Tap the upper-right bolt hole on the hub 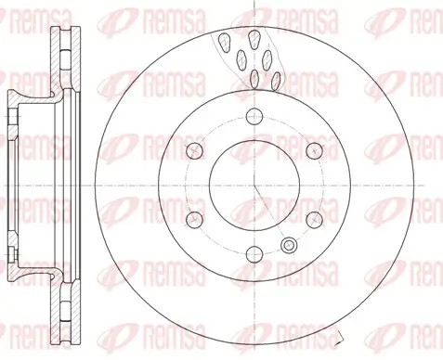coord(309,149)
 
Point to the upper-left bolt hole coord(194,149)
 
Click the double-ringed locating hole coord(289,245)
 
